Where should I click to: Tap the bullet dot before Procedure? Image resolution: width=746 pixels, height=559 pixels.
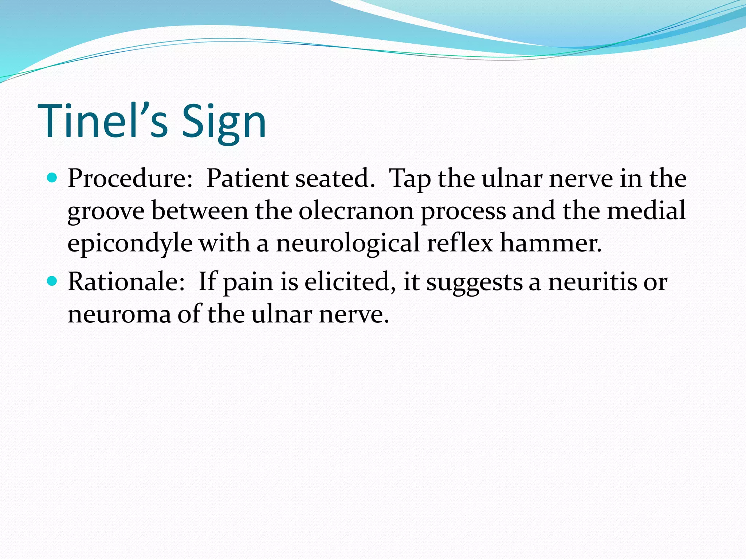[52, 178]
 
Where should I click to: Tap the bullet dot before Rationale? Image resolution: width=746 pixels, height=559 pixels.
[52, 281]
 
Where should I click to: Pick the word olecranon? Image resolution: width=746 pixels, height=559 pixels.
[356, 211]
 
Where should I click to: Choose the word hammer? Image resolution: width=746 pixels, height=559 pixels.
[550, 243]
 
